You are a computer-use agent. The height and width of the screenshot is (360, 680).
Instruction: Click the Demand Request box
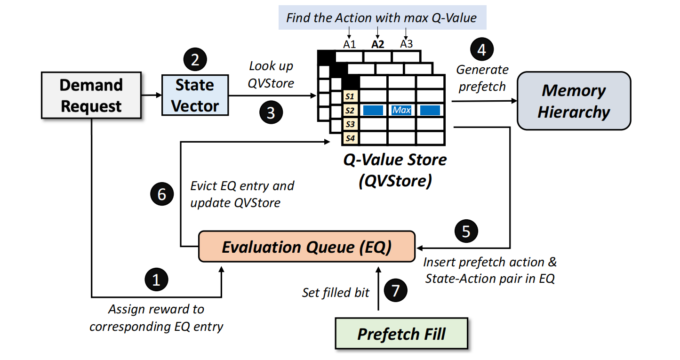pyautogui.click(x=91, y=95)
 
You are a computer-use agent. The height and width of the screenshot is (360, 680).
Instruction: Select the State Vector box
pyautogui.click(x=195, y=95)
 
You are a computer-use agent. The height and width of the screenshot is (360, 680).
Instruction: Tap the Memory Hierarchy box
pyautogui.click(x=574, y=101)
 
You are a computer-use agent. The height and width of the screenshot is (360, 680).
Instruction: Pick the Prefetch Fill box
pyautogui.click(x=401, y=334)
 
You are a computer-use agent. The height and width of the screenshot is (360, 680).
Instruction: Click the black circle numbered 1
pyautogui.click(x=157, y=280)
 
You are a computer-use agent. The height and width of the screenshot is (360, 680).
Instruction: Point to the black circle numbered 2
pyautogui.click(x=195, y=60)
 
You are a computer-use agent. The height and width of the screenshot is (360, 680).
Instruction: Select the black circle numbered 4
pyautogui.click(x=481, y=50)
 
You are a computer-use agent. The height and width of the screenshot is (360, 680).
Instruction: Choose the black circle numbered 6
pyautogui.click(x=161, y=194)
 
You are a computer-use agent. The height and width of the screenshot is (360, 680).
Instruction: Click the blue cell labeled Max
pyautogui.click(x=401, y=110)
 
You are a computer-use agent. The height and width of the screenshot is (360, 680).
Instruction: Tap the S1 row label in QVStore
pyautogui.click(x=350, y=96)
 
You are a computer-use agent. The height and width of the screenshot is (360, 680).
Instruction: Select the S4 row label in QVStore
pyautogui.click(x=350, y=138)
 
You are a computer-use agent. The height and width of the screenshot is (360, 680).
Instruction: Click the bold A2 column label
pyautogui.click(x=377, y=45)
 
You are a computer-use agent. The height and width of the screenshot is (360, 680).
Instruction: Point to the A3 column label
pyautogui.click(x=407, y=44)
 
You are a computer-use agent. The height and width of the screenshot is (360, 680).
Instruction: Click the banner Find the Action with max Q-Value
pyautogui.click(x=382, y=18)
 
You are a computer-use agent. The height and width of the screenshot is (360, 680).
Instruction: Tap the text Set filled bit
pyautogui.click(x=336, y=293)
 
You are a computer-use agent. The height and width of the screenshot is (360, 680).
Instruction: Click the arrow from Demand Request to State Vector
pyautogui.click(x=151, y=95)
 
